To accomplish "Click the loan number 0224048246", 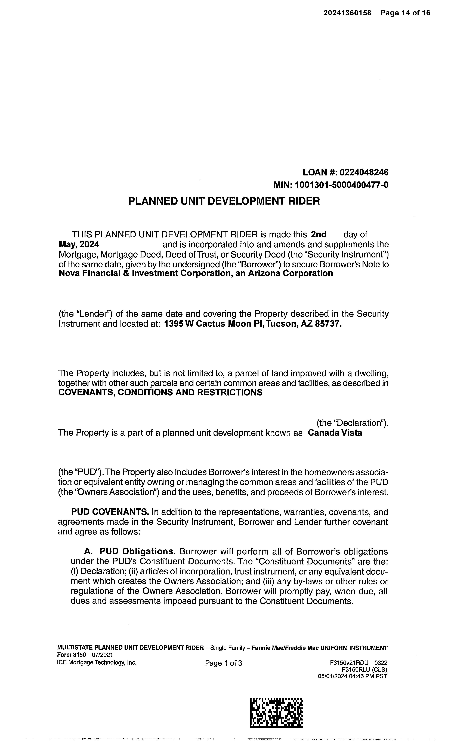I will (x=364, y=173).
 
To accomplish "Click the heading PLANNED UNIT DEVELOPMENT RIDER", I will (x=224, y=201).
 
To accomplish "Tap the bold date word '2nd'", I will (x=319, y=235).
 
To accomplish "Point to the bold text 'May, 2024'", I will (x=79, y=245).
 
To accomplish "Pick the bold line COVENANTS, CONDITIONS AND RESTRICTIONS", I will (x=160, y=393).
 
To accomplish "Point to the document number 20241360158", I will (x=348, y=13).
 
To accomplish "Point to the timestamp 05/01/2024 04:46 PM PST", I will (x=353, y=676).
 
